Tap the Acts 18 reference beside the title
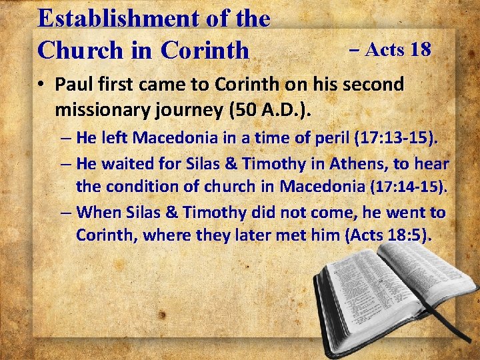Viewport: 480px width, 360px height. click(x=390, y=49)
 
